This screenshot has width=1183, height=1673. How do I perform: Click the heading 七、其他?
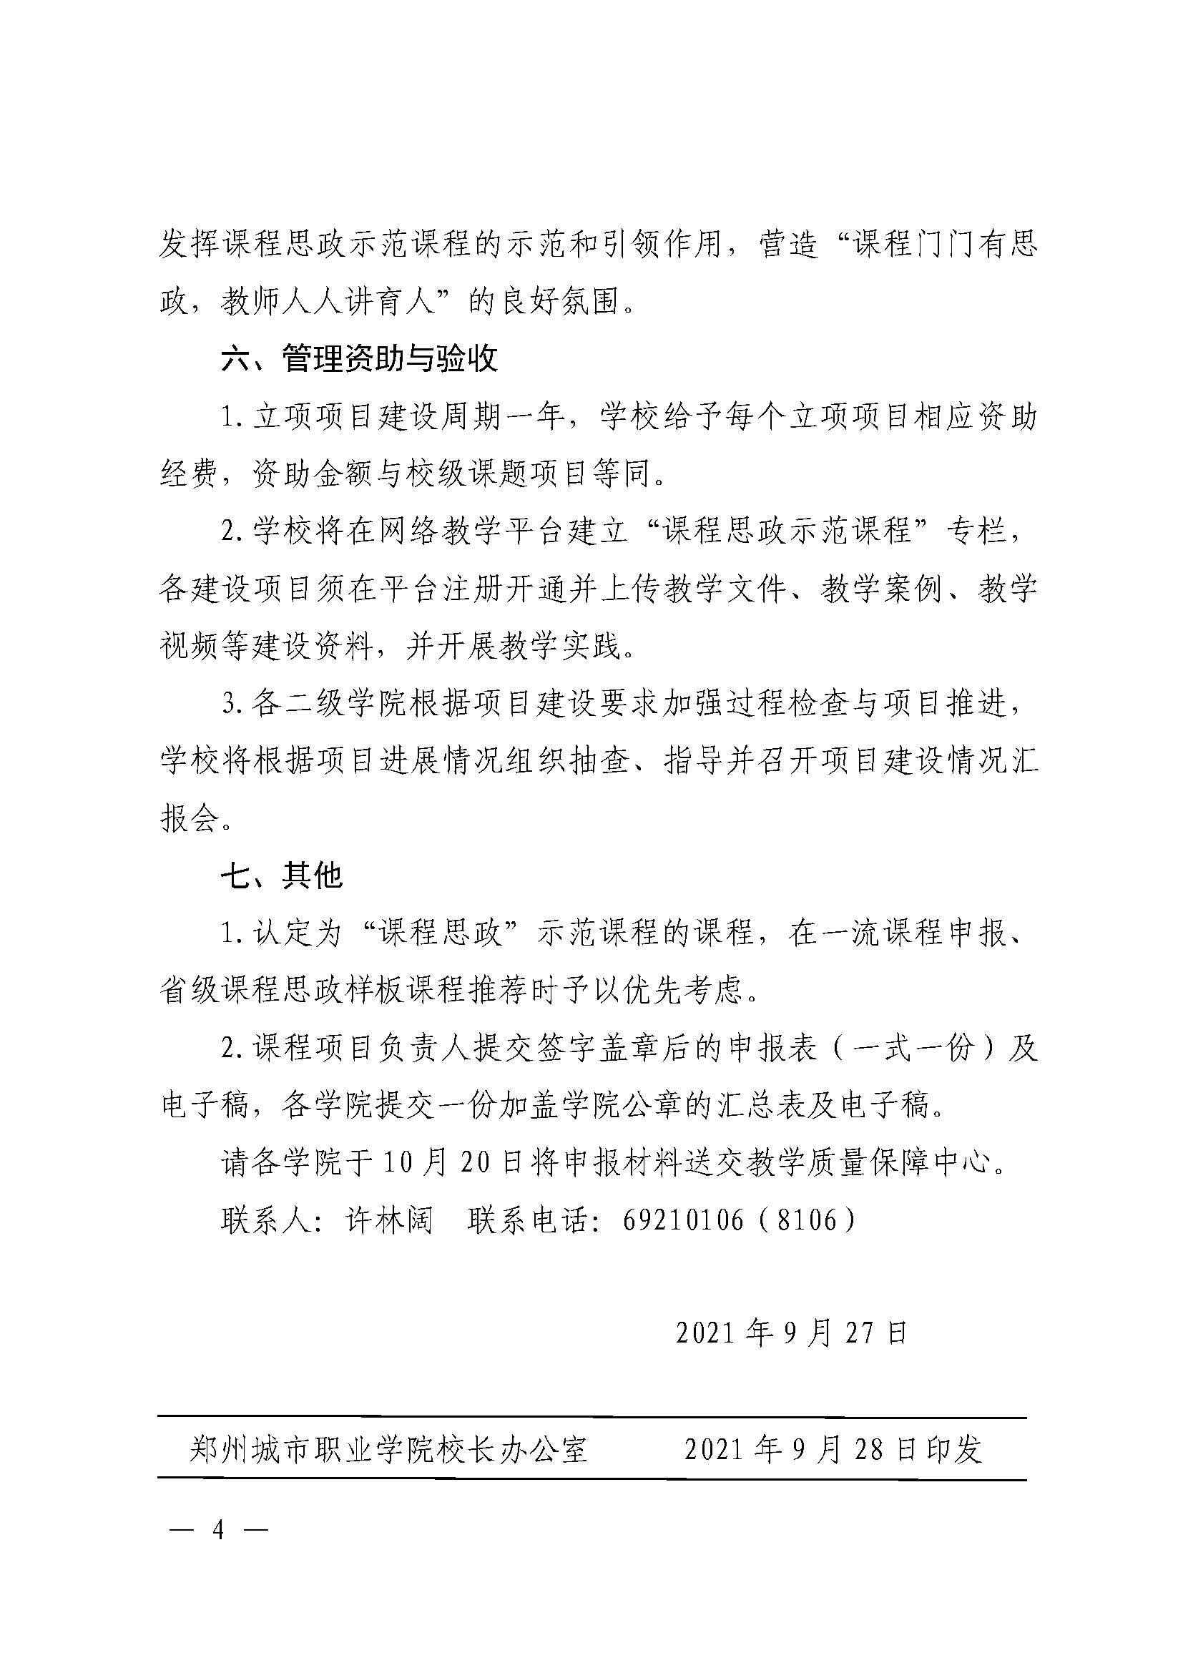click(281, 875)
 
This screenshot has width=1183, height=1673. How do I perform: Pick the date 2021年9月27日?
click(791, 1333)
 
